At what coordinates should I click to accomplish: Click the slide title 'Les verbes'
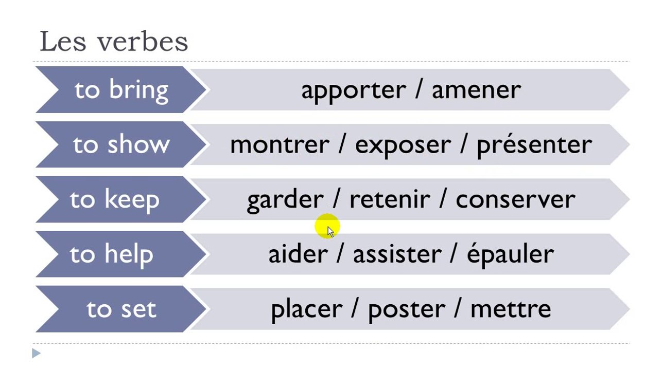coord(114,41)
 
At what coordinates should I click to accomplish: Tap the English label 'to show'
coord(121,144)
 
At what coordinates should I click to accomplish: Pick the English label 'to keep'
coord(115,200)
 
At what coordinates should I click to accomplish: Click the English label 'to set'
coord(121,309)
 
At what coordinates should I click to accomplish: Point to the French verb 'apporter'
coord(354,90)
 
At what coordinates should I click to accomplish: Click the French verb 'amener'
coord(476,90)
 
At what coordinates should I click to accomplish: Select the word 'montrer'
coord(280,145)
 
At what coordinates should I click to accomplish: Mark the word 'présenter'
coord(534,145)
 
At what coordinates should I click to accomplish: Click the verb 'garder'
coord(285,200)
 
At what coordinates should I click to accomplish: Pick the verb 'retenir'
coord(390,199)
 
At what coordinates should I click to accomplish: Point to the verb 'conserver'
coord(515,200)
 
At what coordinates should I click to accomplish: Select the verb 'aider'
coord(298,254)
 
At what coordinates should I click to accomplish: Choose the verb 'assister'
coord(397,254)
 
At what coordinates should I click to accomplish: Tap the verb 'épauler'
coord(510,255)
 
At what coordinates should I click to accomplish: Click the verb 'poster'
coord(406,310)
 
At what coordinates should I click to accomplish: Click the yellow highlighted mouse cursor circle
coord(327,226)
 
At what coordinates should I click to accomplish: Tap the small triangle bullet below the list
coord(36,353)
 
